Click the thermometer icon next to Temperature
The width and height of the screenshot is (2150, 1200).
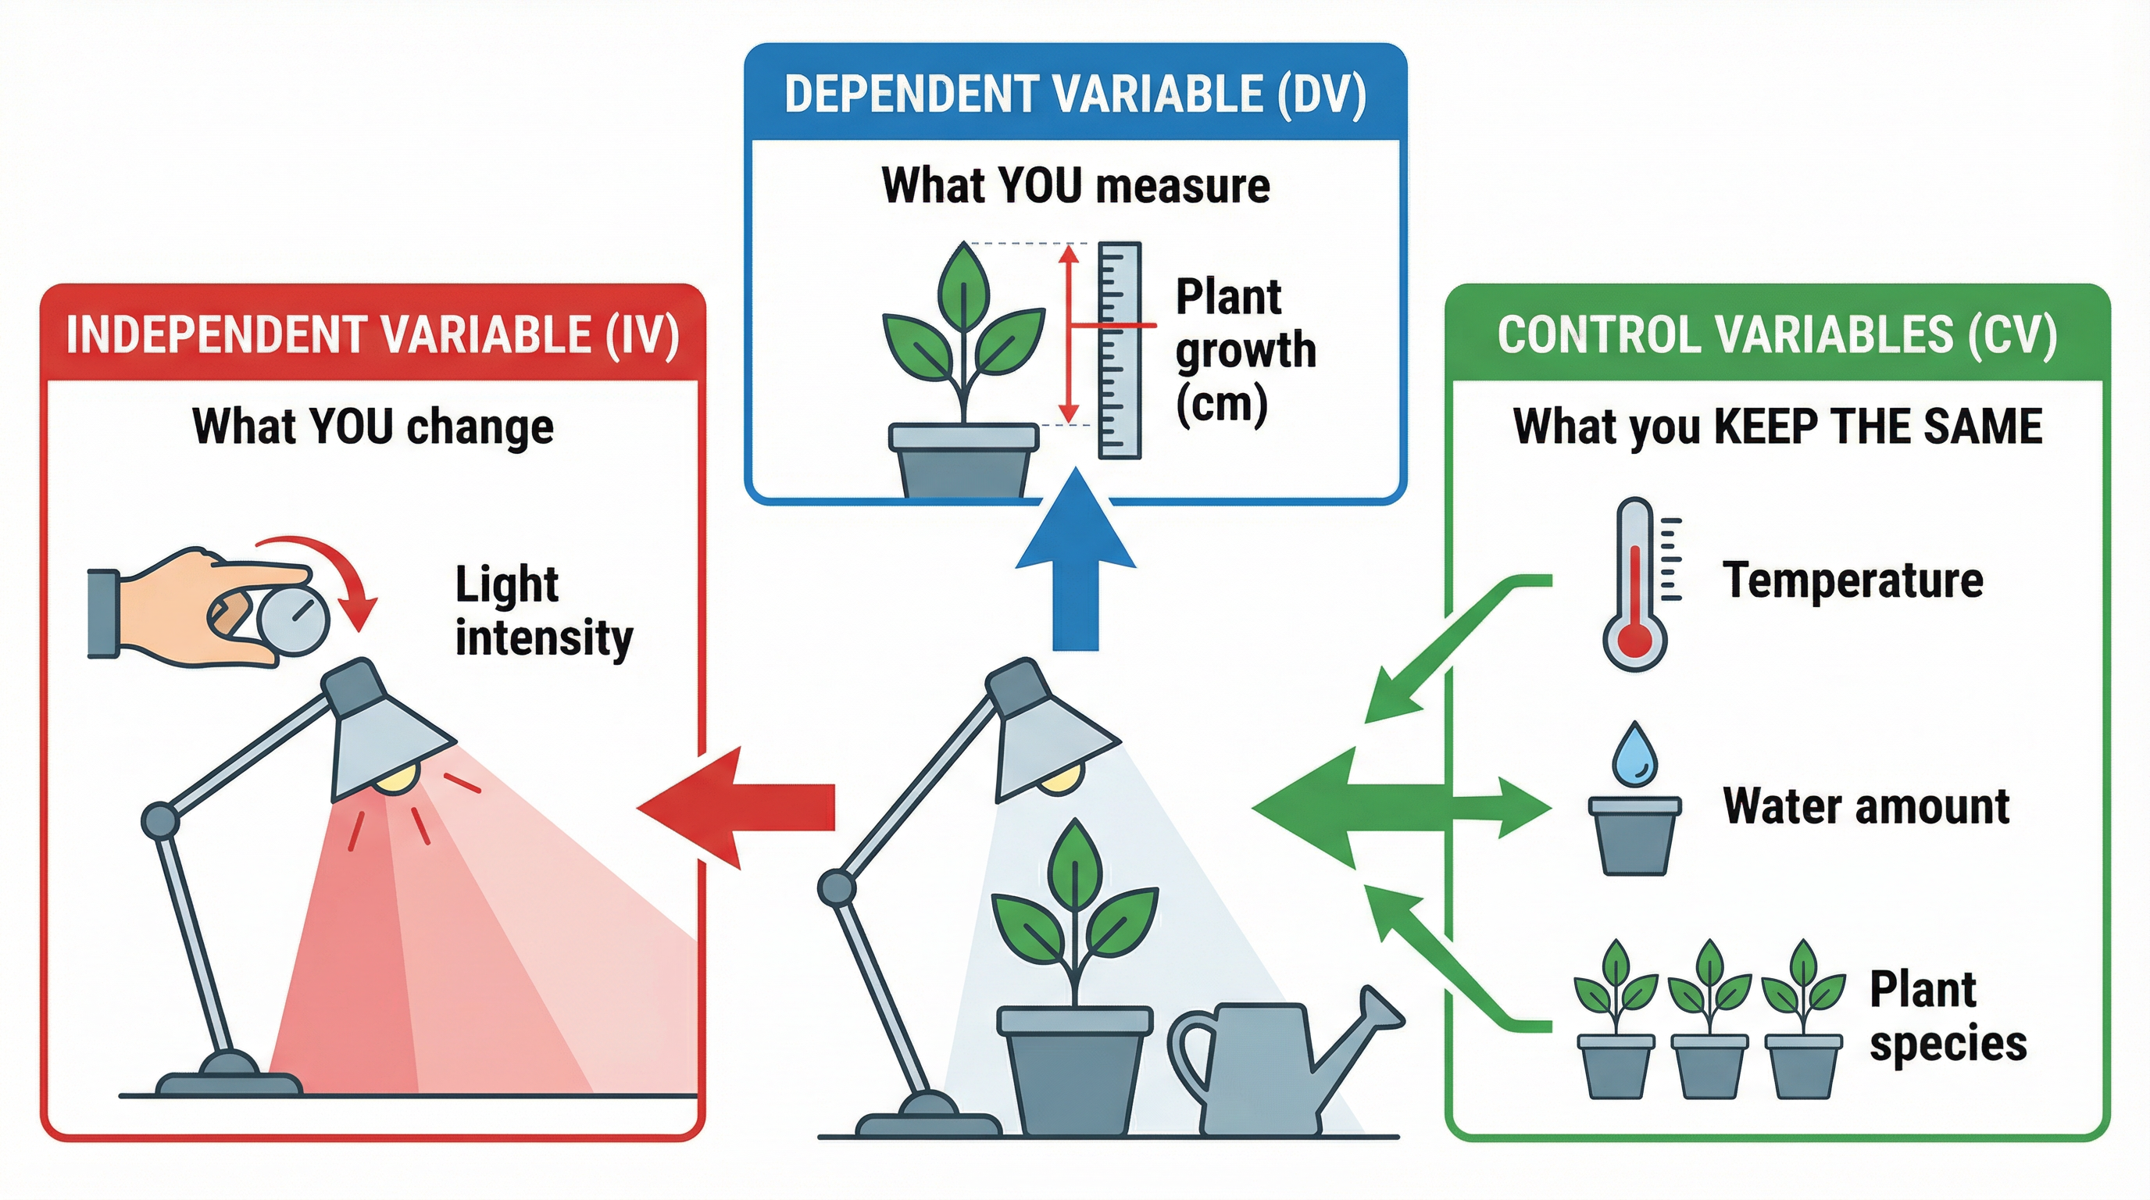(1634, 584)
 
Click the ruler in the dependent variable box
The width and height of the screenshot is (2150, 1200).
(1120, 351)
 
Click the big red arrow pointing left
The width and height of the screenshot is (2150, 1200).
(734, 807)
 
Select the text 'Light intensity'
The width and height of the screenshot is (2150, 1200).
(543, 611)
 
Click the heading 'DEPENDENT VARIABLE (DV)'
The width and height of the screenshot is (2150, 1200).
(1075, 94)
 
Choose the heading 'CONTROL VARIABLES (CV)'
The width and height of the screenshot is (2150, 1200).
(1777, 334)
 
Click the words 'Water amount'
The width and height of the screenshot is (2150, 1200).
(1866, 806)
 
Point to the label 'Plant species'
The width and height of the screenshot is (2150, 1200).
(1946, 1016)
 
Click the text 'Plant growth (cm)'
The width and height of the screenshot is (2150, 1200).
(1244, 351)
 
